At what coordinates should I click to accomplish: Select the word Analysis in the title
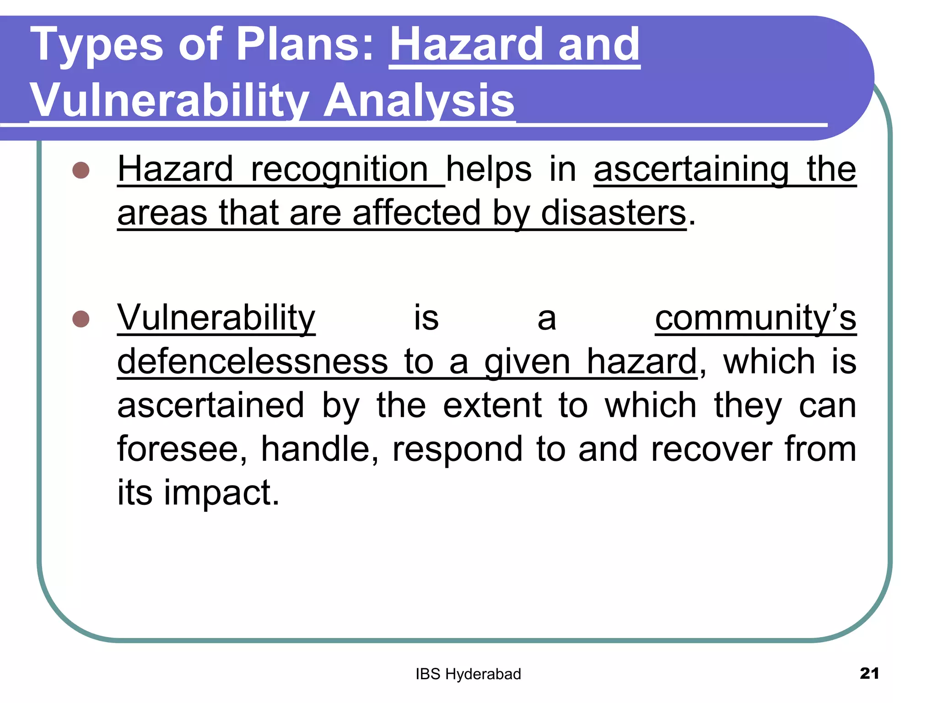click(x=419, y=101)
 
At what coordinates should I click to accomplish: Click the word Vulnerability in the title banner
click(x=169, y=101)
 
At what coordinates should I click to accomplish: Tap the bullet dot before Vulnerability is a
click(x=81, y=319)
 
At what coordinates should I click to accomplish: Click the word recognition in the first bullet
click(x=339, y=170)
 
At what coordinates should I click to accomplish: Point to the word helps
click(x=489, y=170)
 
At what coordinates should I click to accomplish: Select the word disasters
click(x=613, y=213)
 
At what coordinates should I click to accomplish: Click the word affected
click(x=416, y=213)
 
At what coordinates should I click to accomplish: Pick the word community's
click(x=755, y=318)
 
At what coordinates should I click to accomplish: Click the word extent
click(x=492, y=406)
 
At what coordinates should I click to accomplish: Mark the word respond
click(x=458, y=449)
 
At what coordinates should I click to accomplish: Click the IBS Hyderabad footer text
click(x=468, y=674)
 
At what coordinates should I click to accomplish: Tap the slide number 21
click(x=869, y=673)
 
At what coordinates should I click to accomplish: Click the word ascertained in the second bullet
click(x=210, y=406)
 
